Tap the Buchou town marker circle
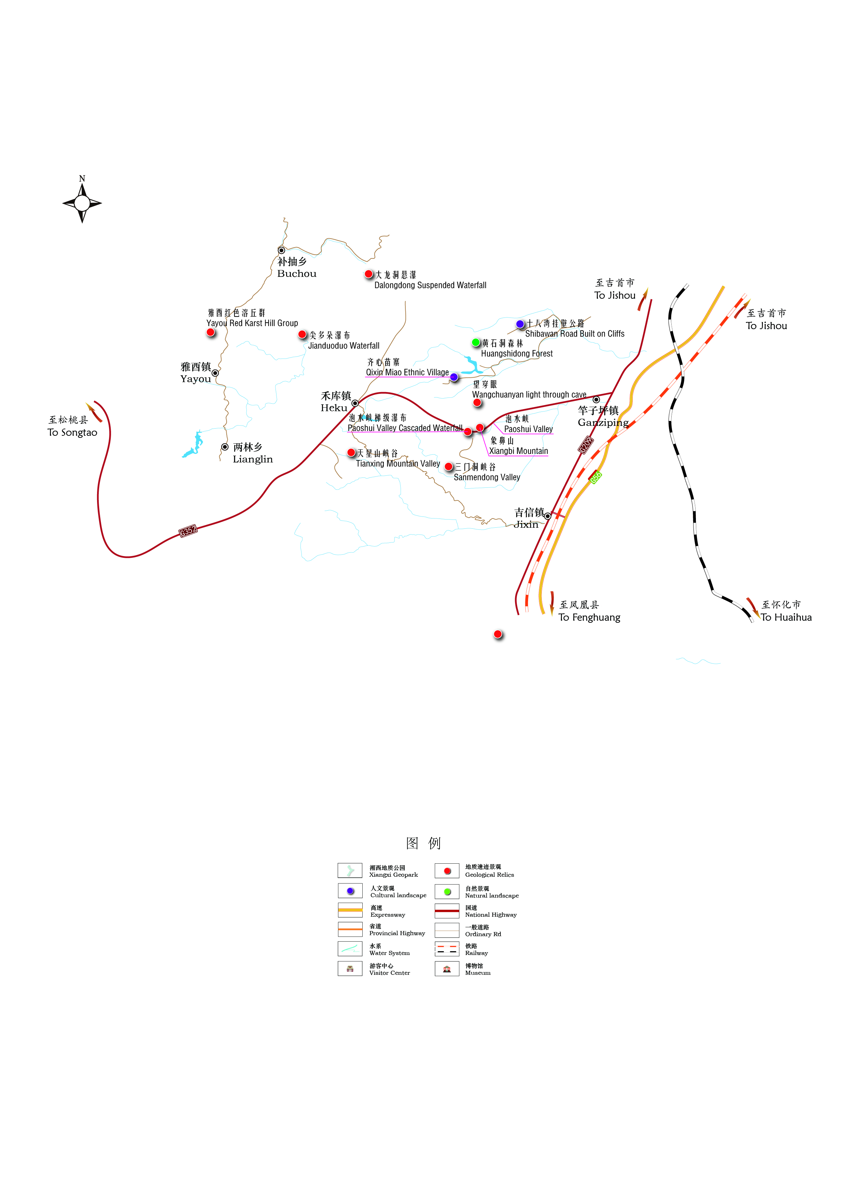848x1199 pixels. point(281,251)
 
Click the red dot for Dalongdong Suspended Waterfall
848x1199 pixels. point(369,274)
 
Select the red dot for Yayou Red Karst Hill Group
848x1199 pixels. point(211,332)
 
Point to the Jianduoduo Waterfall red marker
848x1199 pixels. point(302,334)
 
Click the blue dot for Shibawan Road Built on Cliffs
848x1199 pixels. point(520,324)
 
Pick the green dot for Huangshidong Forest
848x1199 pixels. point(476,342)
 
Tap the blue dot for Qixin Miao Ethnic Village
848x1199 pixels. point(454,377)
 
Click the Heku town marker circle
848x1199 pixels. point(355,403)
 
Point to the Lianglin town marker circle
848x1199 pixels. point(225,447)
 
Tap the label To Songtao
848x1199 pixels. point(72,432)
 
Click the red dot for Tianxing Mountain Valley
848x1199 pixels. point(351,452)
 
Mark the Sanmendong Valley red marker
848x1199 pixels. point(448,466)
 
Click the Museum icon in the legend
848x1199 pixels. point(447,969)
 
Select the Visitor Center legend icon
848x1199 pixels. point(350,969)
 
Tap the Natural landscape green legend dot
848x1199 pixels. point(447,891)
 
